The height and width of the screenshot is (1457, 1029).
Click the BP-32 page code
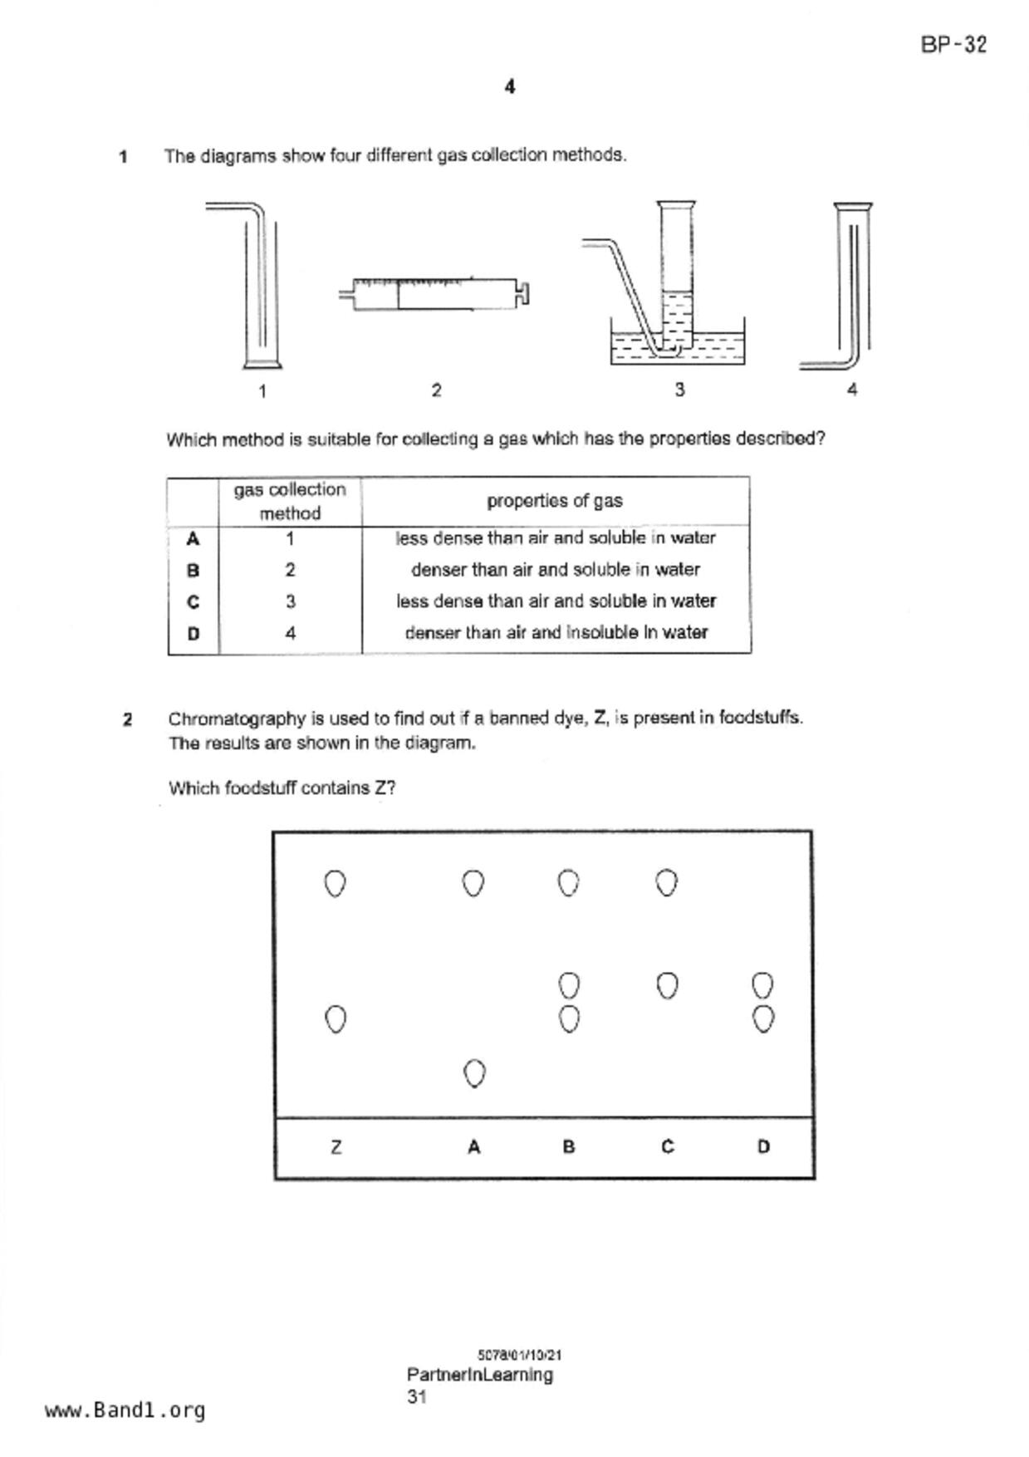(953, 44)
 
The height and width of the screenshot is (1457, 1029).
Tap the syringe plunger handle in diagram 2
(524, 293)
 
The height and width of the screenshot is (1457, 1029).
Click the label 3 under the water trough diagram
(679, 390)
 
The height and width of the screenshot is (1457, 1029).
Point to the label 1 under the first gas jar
(262, 391)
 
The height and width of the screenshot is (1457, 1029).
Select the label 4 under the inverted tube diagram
(852, 390)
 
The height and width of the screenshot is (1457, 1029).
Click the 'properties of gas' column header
(555, 501)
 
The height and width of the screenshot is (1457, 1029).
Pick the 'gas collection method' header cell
(290, 501)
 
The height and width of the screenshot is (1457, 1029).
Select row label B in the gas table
(193, 571)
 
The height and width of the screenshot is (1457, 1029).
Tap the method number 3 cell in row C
(290, 601)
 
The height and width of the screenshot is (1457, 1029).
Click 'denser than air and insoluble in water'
(556, 633)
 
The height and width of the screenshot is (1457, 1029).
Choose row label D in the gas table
(193, 634)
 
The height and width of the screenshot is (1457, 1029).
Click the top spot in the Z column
(335, 884)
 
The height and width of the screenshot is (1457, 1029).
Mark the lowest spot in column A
(473, 1073)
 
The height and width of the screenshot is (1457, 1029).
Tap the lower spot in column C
(667, 986)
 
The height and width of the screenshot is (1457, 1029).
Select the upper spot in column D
(762, 986)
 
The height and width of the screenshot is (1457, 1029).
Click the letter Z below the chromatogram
(336, 1147)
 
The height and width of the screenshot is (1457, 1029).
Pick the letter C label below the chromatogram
(667, 1147)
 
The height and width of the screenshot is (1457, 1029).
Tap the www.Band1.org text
(125, 1410)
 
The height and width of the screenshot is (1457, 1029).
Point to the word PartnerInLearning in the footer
(480, 1375)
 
